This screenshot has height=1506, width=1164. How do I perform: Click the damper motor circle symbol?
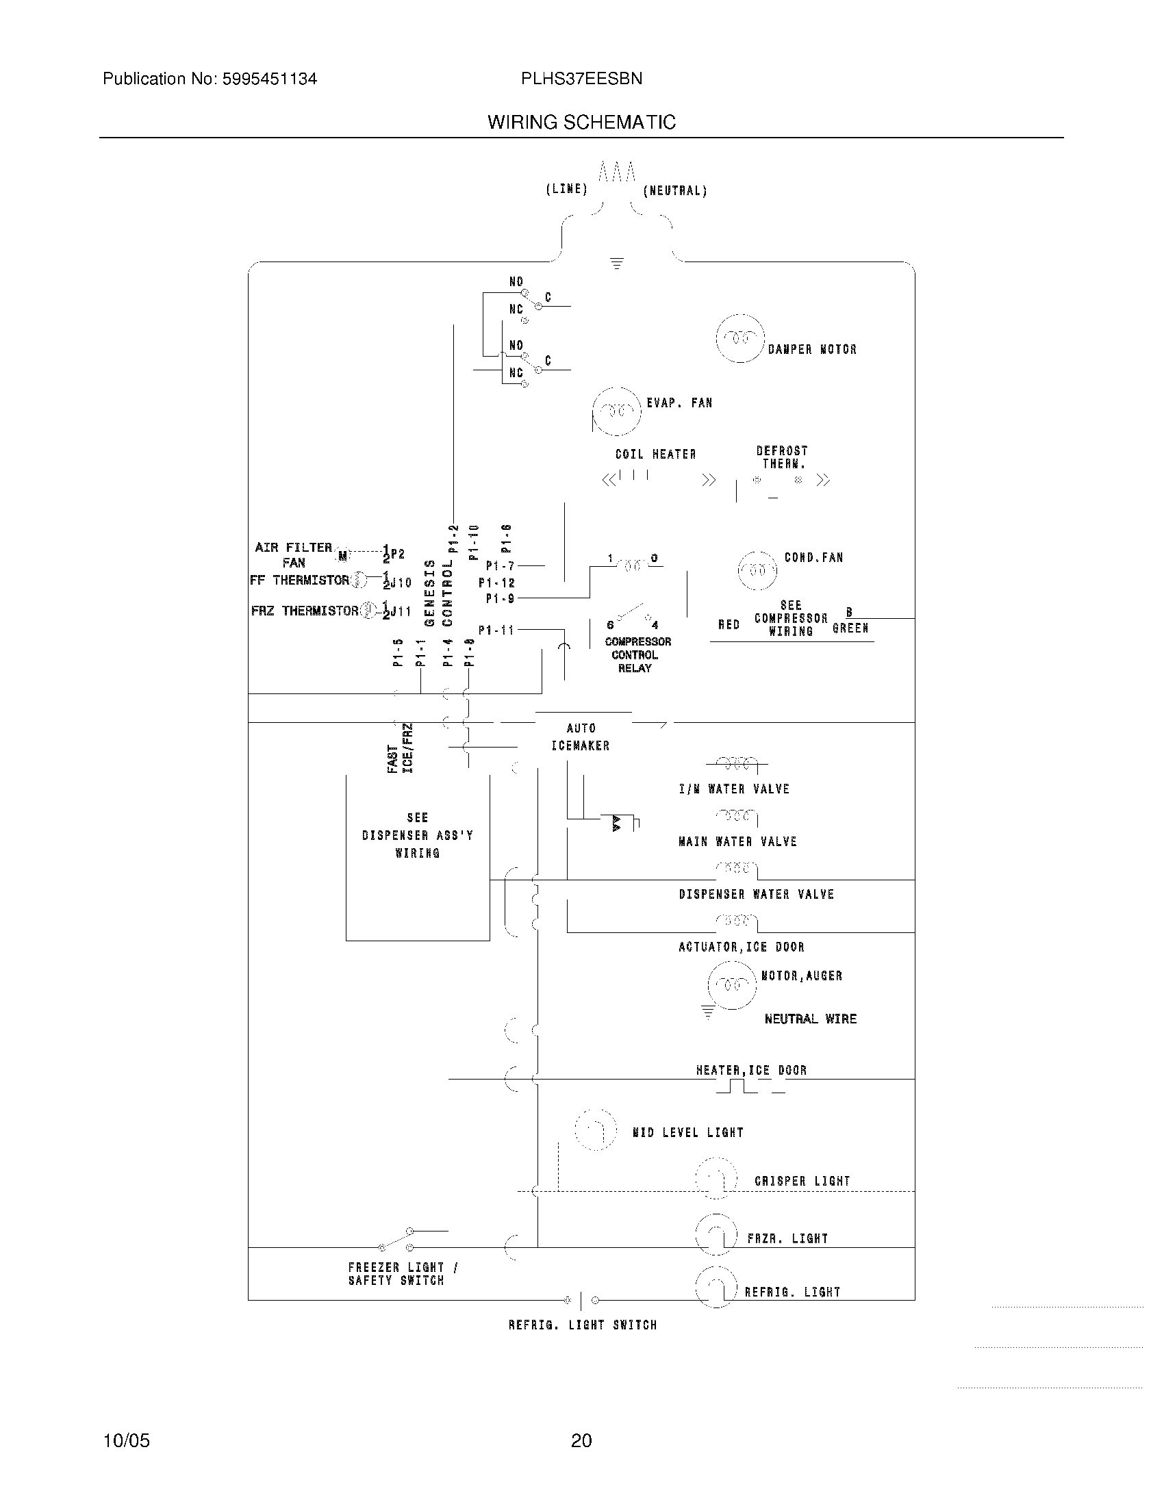tap(740, 338)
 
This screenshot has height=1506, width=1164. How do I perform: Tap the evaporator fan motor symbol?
tap(616, 411)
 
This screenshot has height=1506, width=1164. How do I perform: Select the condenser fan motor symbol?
tap(757, 570)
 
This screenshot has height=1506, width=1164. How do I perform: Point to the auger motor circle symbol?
tap(732, 984)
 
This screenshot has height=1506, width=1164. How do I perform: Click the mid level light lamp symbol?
tap(595, 1130)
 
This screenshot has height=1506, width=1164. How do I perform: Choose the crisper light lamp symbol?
tap(716, 1179)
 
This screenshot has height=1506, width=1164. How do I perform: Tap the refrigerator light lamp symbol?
tap(716, 1287)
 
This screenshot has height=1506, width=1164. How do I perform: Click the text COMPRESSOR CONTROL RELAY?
tap(637, 654)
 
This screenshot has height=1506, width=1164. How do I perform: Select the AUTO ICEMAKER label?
tap(581, 737)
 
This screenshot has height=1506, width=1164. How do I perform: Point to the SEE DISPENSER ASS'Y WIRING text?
tap(418, 835)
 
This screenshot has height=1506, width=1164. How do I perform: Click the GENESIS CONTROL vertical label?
tap(439, 592)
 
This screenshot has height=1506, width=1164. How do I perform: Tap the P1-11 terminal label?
tap(496, 630)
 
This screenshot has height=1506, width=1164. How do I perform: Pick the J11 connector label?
tap(400, 611)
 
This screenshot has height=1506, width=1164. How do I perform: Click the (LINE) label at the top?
tap(566, 189)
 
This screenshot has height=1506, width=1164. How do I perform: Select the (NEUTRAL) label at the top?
tap(675, 191)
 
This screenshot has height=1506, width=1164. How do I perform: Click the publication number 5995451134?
tap(269, 79)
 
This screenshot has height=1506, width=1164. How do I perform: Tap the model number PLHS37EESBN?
tap(581, 79)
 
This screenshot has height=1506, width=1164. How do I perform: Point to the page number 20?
tap(581, 1440)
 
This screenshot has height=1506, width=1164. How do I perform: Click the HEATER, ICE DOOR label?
tap(751, 1070)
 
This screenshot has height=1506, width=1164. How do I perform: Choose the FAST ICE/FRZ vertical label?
tap(401, 748)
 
